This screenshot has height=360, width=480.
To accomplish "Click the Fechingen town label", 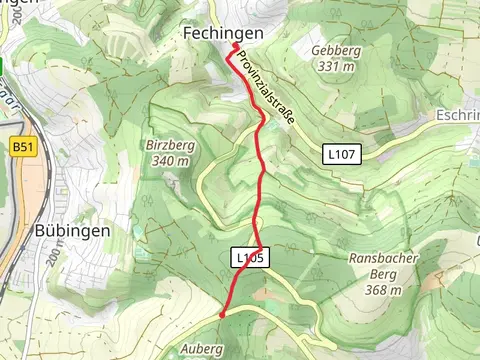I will coord(223,34).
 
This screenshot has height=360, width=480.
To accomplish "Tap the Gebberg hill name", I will coord(306,50).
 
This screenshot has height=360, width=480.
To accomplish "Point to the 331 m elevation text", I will coord(306,66).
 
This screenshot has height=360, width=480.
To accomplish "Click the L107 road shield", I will coord(342,154).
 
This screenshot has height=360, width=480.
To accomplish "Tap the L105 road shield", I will coord(250,258).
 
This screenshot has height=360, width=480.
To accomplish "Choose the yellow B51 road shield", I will coord(22,147).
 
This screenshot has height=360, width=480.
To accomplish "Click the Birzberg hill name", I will coord(168,143).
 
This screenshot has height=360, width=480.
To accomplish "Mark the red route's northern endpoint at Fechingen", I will coord(235,46).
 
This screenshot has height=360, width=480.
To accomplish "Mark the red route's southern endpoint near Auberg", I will coord(221,313).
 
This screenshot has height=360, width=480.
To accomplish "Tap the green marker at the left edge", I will coord(3,66).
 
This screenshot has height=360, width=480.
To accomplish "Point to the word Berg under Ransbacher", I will coord(376,274).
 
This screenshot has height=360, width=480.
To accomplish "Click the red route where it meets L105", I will coord(259,247).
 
